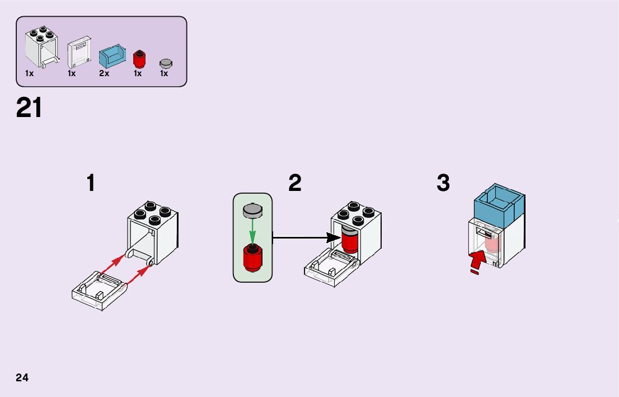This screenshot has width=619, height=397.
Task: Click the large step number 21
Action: [x=29, y=108]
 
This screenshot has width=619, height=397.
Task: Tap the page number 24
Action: [x=22, y=377]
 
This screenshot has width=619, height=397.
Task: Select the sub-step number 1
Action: [x=91, y=184]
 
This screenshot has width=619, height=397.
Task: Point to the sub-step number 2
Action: [x=295, y=183]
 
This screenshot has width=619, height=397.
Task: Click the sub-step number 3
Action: [x=443, y=183]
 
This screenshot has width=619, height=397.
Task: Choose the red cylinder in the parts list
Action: [x=139, y=58]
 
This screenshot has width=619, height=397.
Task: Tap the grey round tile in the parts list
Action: [x=166, y=63]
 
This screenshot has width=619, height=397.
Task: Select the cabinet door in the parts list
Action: [x=78, y=53]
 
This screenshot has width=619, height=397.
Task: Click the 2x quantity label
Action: [x=104, y=73]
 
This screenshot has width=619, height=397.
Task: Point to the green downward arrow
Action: [x=252, y=231]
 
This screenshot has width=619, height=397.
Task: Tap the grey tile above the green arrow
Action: [x=252, y=210]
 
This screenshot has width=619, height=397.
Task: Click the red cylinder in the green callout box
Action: [x=252, y=258]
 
